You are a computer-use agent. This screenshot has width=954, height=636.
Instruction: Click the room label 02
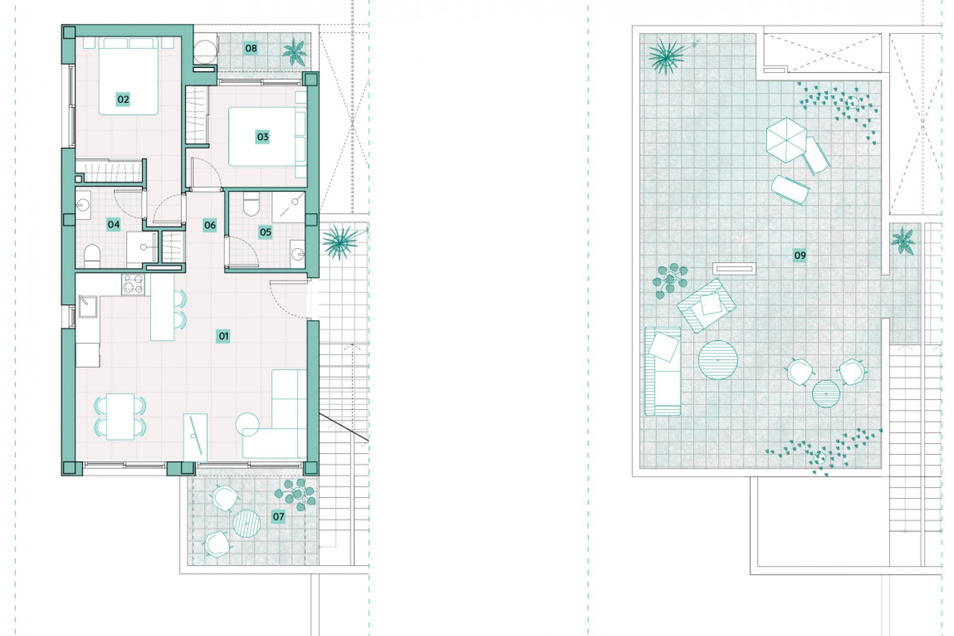123,99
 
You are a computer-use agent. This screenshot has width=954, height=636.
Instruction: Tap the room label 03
262,137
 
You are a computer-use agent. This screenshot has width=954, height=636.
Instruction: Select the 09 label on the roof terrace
799,256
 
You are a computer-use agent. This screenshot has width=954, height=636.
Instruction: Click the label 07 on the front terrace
278,517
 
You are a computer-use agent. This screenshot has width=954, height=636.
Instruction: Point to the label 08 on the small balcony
251,48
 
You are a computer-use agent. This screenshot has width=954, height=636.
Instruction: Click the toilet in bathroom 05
251,205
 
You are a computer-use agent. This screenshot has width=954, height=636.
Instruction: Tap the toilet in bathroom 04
92,255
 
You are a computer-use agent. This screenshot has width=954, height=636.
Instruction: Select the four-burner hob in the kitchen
133,285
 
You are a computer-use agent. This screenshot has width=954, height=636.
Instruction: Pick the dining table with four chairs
120,416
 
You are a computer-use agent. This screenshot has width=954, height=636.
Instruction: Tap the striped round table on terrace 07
246,523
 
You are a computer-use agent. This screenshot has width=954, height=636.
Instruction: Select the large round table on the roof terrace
717,360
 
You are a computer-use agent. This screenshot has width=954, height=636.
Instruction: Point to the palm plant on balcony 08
295,51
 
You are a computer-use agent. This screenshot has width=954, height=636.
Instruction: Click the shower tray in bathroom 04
142,247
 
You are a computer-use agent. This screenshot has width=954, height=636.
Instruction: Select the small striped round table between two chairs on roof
826,394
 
